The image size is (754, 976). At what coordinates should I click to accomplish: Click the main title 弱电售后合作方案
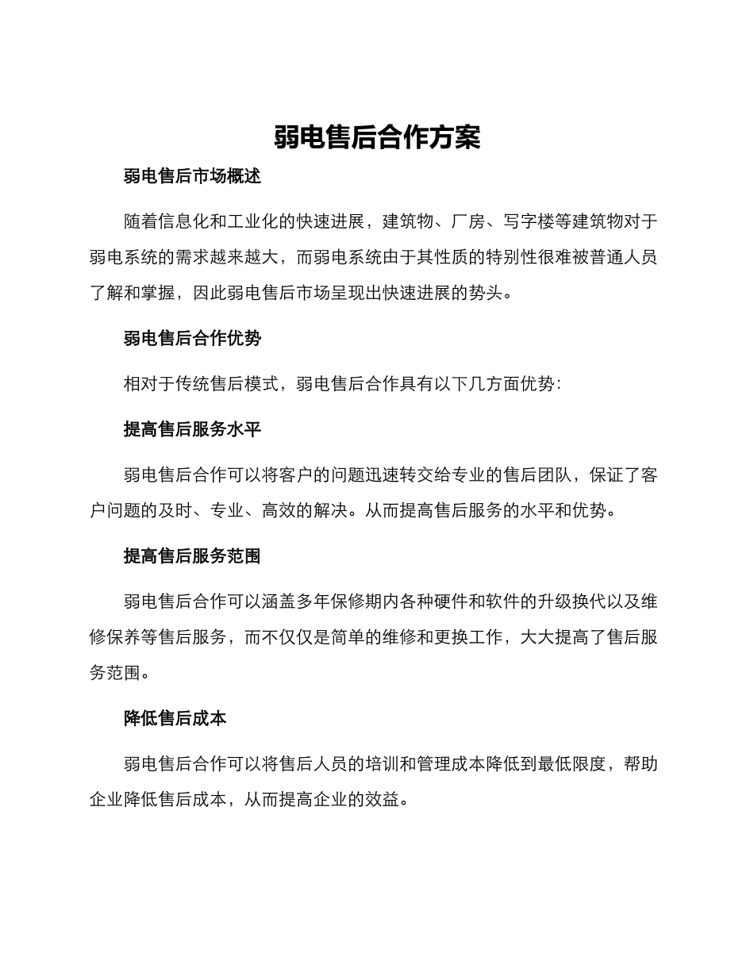tap(377, 137)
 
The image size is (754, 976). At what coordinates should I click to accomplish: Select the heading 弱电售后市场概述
tap(192, 176)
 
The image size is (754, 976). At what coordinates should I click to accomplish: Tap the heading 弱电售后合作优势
tap(192, 339)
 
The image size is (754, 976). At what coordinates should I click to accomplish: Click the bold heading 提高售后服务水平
tap(192, 429)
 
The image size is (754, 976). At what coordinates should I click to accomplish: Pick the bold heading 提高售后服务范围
tap(192, 556)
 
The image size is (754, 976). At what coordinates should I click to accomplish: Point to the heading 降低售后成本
tap(175, 718)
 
